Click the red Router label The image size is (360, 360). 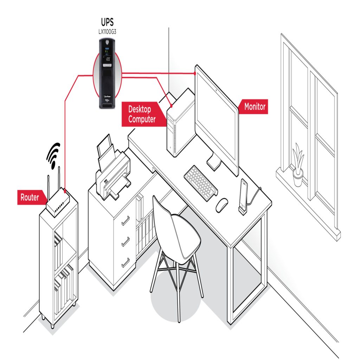point(30,198)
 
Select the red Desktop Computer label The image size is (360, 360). point(142,115)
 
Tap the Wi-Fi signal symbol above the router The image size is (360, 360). point(53,155)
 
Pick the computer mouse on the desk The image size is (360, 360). point(222,204)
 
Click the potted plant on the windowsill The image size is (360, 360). point(298,165)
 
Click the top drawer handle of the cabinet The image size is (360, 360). point(126,221)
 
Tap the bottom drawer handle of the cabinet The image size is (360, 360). point(126,262)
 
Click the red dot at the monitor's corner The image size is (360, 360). point(195,73)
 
